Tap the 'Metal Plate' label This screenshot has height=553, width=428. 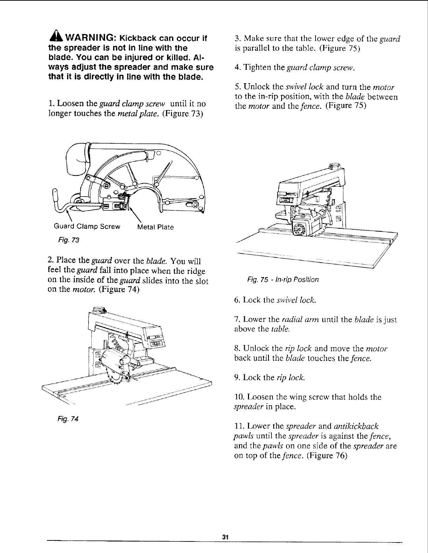tap(156, 227)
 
